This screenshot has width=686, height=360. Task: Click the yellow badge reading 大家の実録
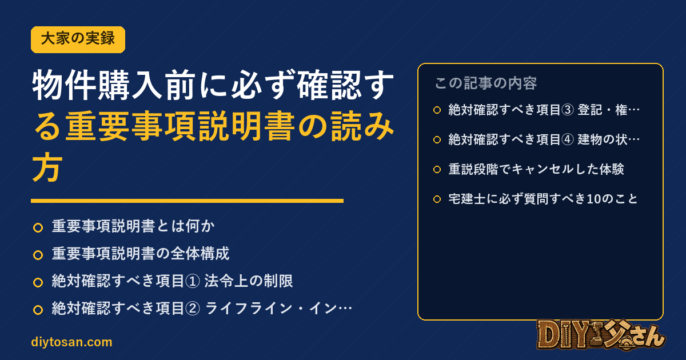coord(78,39)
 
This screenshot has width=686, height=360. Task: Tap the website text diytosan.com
coord(71,342)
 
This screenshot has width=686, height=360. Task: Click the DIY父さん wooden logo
coord(601,335)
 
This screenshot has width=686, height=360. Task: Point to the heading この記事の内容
coord(485,83)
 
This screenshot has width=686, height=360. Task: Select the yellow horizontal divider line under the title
coord(187,201)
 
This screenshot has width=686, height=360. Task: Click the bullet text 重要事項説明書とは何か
coord(133,226)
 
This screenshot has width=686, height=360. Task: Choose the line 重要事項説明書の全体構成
coord(141,254)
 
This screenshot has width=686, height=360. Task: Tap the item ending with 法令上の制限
coord(173,281)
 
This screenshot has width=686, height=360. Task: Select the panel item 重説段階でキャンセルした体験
coord(536,169)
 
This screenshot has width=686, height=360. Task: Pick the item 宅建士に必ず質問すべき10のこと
coord(543,199)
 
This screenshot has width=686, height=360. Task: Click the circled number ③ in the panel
coord(568,110)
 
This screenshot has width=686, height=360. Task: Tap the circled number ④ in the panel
coord(568,140)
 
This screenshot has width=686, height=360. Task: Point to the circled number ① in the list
coord(193,281)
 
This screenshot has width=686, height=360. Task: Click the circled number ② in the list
coord(193,309)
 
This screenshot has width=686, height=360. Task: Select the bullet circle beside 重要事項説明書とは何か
coord(38,228)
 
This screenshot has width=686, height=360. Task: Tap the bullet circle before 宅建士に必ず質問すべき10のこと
coord(437,199)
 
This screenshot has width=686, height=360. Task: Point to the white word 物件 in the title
coord(63,85)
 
